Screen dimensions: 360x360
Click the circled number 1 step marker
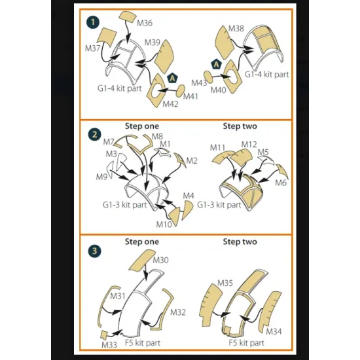pyautogui.click(x=93, y=22)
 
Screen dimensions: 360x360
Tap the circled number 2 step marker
pyautogui.click(x=95, y=135)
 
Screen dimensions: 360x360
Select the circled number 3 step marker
pyautogui.click(x=95, y=251)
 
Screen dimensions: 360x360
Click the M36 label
pyautogui.click(x=145, y=23)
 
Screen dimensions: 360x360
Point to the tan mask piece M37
pyautogui.click(x=107, y=37)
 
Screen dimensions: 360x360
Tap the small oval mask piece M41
pyautogui.click(x=181, y=91)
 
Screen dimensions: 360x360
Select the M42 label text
pyautogui.click(x=170, y=104)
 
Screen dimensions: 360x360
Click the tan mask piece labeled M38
pyautogui.click(x=225, y=43)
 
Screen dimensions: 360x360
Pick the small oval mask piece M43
pyautogui.click(x=209, y=77)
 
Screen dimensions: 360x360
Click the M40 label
pyautogui.click(x=219, y=90)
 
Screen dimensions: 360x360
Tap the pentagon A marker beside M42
pyautogui.click(x=172, y=79)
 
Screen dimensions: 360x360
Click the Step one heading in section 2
pyautogui.click(x=142, y=126)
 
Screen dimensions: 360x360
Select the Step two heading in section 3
pyautogui.click(x=240, y=242)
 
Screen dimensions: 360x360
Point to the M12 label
pyautogui.click(x=249, y=145)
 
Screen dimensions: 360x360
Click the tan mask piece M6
pyautogui.click(x=282, y=172)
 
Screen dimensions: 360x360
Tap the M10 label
pyautogui.click(x=164, y=225)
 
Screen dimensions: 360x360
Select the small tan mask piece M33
pyautogui.click(x=105, y=334)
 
